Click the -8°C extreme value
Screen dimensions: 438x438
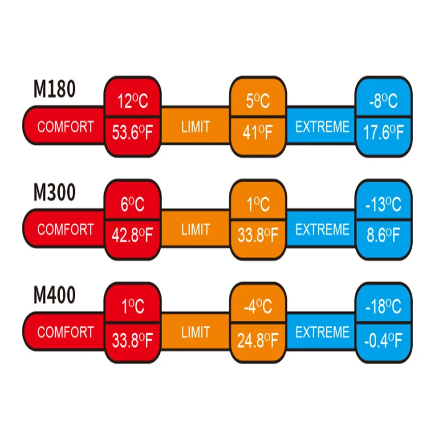click(383, 101)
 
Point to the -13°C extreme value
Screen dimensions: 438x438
click(383, 204)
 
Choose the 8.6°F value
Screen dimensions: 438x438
click(383, 236)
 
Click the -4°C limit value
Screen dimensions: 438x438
click(257, 307)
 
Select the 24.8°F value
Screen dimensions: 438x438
click(257, 339)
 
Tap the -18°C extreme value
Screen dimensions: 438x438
click(383, 307)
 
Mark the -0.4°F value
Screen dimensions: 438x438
click(383, 339)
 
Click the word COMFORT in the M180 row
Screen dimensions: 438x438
click(65, 127)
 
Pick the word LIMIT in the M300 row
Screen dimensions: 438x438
click(195, 230)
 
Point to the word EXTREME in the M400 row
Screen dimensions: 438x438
click(322, 332)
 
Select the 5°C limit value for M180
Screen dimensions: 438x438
click(257, 101)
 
